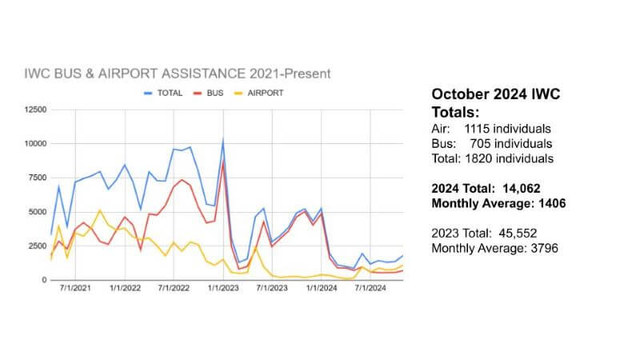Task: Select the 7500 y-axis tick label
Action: (34, 178)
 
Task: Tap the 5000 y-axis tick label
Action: (34, 212)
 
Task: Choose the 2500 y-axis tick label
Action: (34, 246)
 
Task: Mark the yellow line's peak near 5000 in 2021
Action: (99, 210)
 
